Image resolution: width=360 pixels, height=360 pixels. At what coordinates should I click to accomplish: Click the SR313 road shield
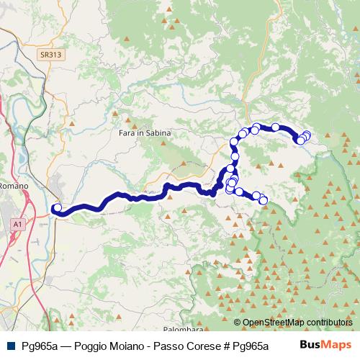51,54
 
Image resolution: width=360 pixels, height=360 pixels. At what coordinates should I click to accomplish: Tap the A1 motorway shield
17,225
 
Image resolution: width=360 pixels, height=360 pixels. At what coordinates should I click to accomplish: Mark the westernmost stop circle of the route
57,209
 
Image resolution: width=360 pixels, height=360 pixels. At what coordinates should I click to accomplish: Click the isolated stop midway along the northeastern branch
275,127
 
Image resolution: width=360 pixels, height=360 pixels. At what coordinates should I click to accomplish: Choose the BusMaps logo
325,344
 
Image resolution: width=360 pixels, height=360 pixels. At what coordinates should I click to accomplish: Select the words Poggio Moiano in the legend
115,345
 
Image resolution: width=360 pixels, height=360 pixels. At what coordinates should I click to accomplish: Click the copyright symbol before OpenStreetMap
238,323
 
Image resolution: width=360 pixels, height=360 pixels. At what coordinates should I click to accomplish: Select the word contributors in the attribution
328,323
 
